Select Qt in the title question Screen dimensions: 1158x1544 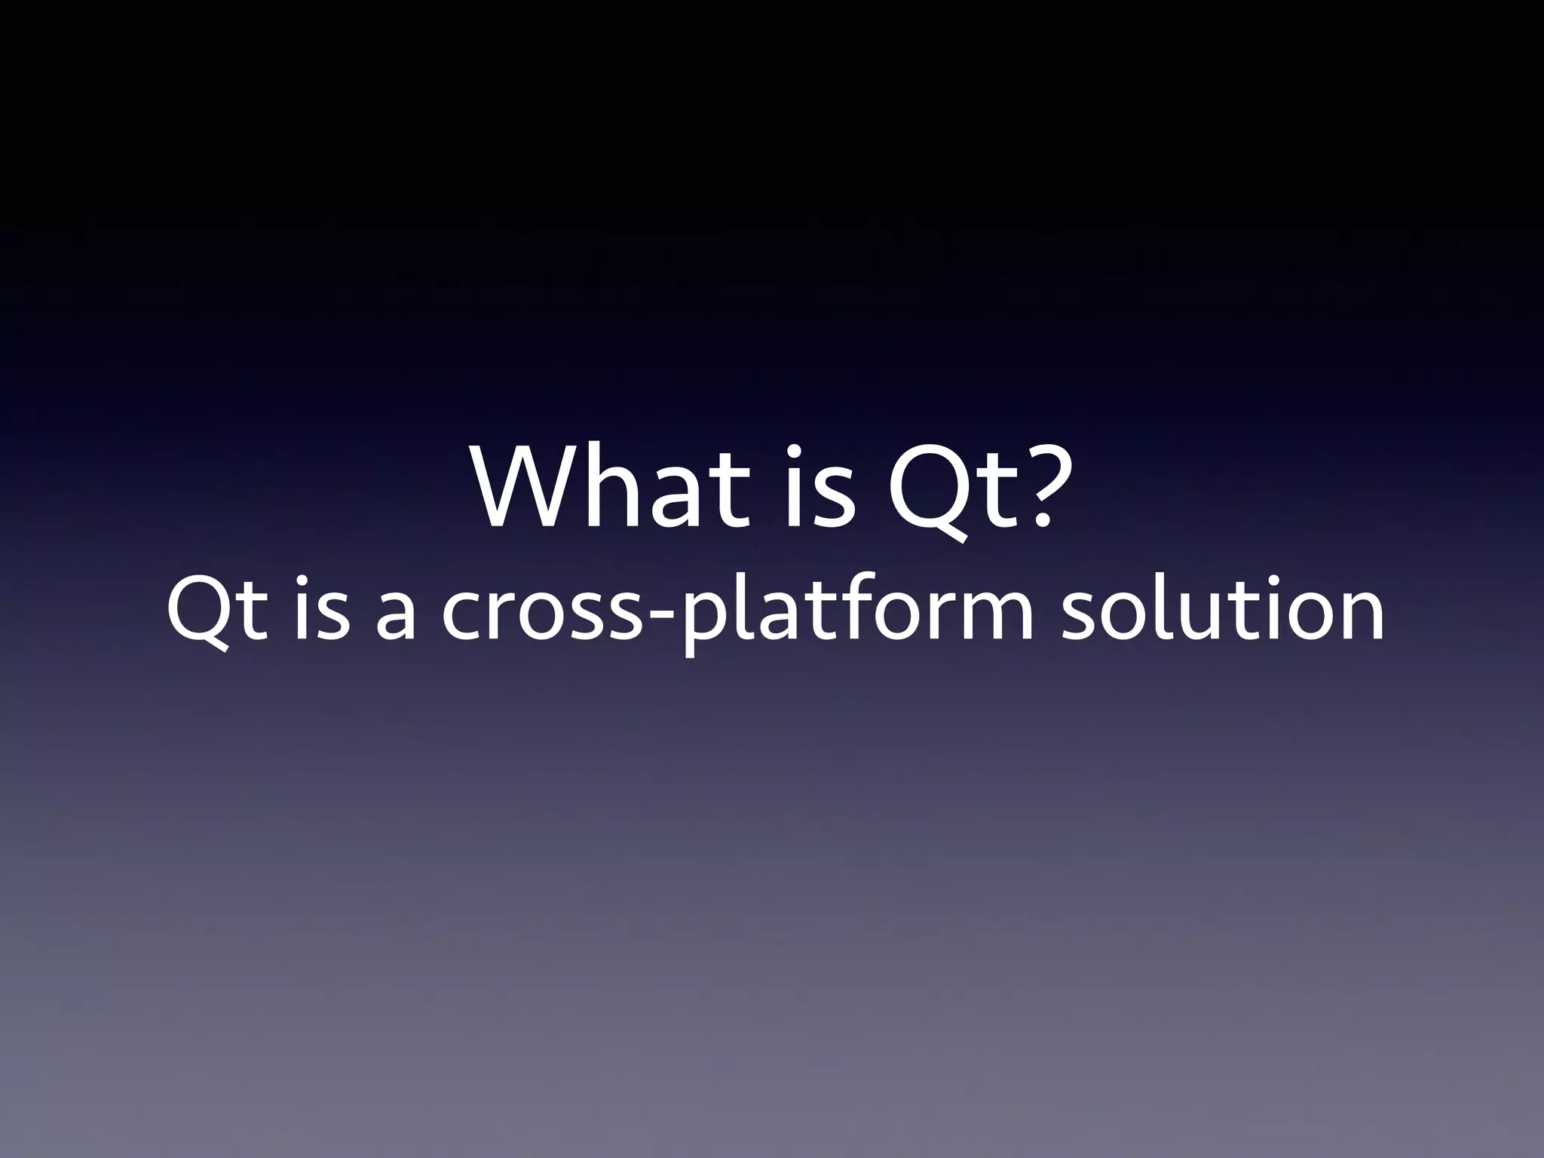pos(950,490)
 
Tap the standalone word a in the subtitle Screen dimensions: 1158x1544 pos(394,614)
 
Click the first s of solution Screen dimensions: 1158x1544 pos(1081,614)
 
